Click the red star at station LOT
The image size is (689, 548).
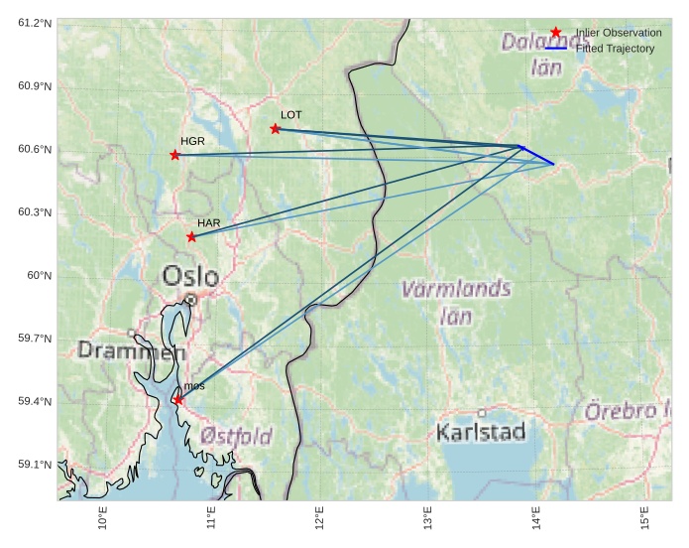tap(276, 129)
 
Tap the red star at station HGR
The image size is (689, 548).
tap(175, 155)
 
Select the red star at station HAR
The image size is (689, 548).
tap(191, 236)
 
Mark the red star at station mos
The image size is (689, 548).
tap(177, 400)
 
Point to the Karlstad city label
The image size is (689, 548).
tap(481, 432)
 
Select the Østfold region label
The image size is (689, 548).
tap(236, 436)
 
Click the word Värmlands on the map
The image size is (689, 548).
tap(457, 290)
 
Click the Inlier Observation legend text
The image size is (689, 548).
tap(619, 33)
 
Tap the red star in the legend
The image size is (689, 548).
tap(556, 33)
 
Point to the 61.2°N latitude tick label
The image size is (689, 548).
tap(35, 23)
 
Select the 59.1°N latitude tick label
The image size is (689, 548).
tap(35, 465)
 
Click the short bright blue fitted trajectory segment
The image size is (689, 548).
tap(538, 156)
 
